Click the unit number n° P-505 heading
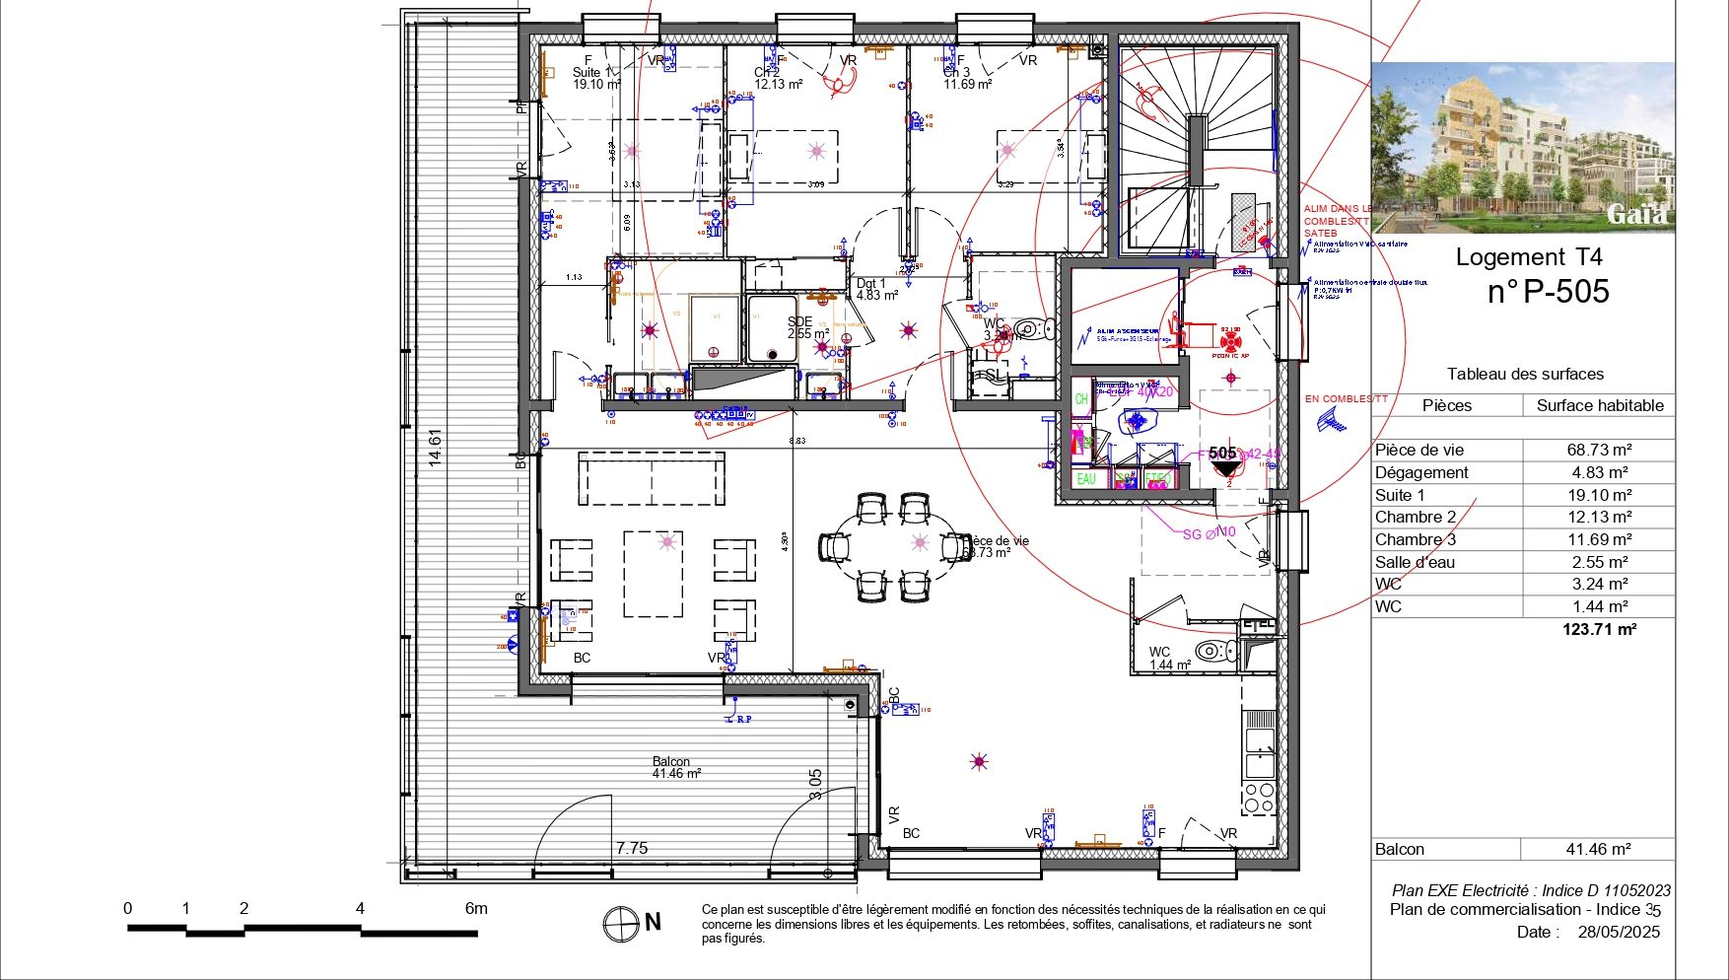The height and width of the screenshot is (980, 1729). [1548, 292]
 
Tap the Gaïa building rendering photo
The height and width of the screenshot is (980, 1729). [1522, 148]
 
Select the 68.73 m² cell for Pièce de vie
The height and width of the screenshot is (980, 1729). [1599, 450]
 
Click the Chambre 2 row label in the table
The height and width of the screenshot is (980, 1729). [1416, 517]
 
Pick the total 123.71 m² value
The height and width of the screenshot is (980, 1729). [1599, 629]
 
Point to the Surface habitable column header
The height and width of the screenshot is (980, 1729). [1599, 405]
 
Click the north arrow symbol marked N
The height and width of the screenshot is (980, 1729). [622, 924]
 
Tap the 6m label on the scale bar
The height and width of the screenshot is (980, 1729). [475, 908]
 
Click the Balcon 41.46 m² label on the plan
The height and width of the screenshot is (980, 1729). [674, 768]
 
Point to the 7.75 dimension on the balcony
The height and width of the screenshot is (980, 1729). [632, 848]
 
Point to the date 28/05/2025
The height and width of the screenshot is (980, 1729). [1618, 932]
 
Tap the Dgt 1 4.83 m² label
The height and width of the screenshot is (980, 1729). [875, 289]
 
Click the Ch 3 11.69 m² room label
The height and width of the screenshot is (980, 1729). [966, 79]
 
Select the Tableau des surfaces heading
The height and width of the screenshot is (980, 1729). [1525, 374]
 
